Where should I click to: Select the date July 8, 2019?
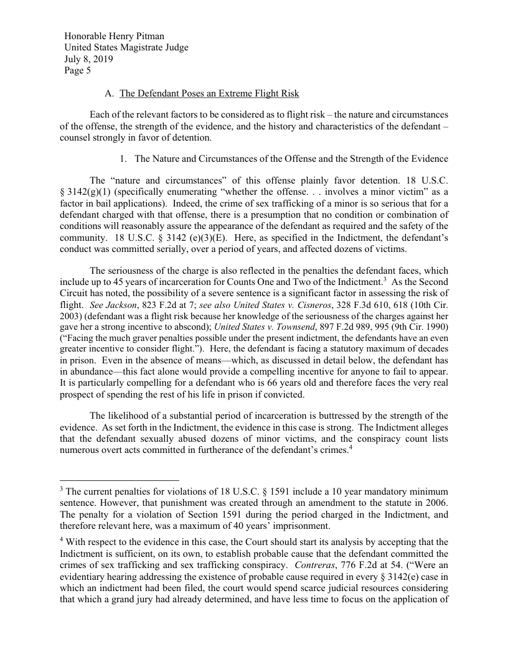(x=88, y=60)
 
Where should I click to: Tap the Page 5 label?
(x=78, y=71)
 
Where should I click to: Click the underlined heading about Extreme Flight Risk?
(x=209, y=94)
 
